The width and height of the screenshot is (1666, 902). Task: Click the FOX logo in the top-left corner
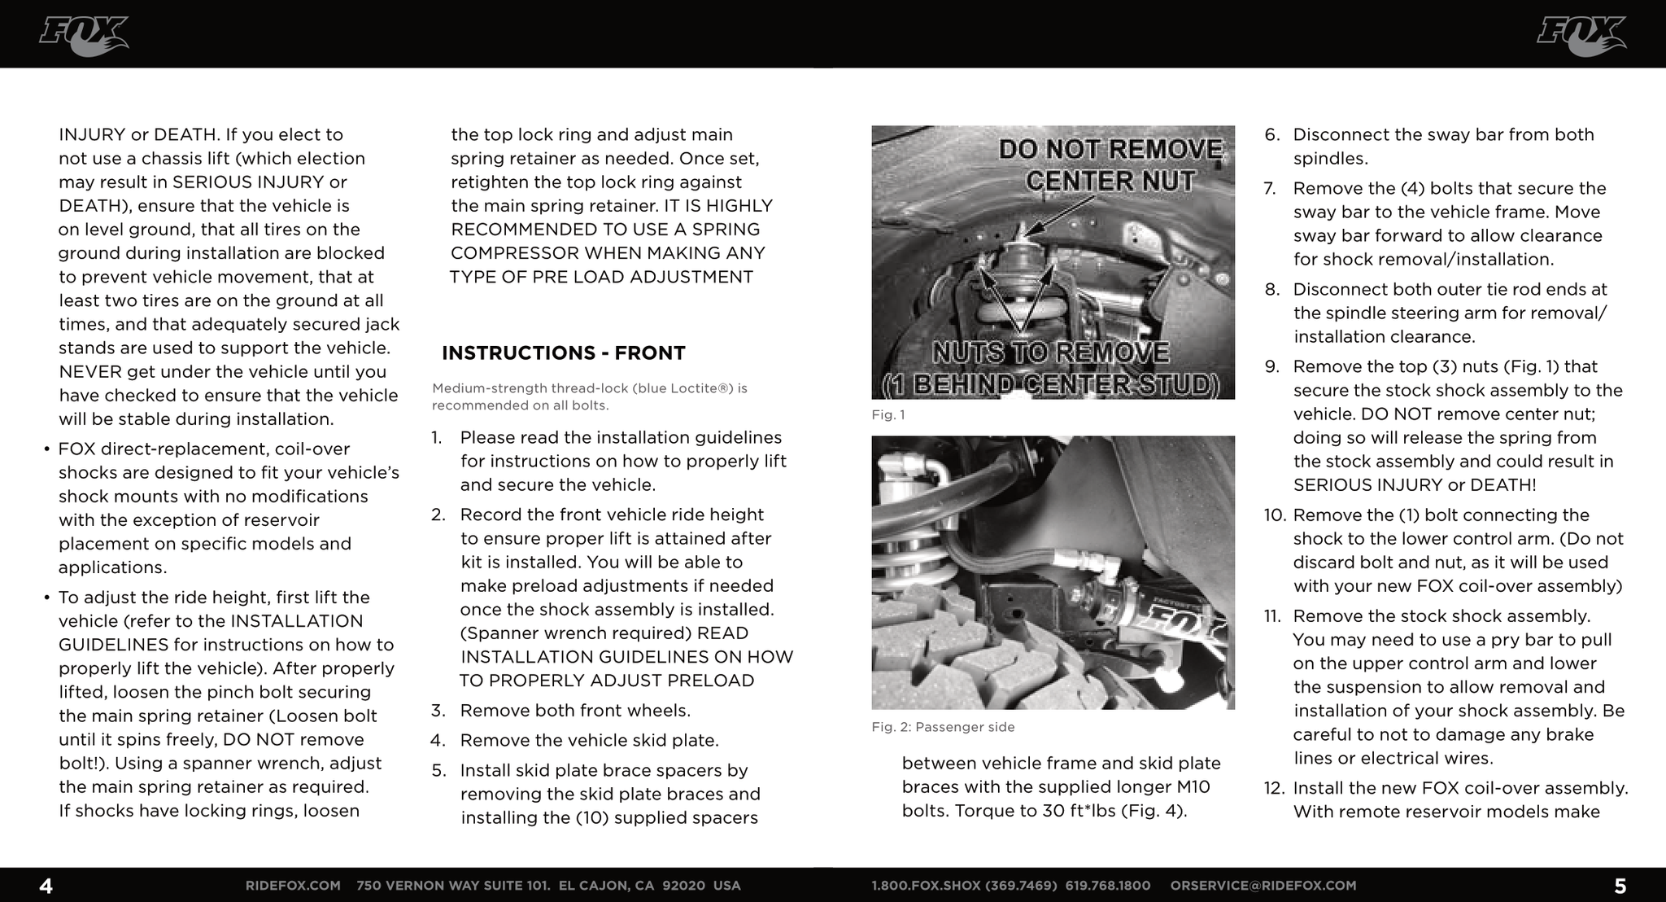(83, 36)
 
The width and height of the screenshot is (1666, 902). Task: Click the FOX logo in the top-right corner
(1581, 36)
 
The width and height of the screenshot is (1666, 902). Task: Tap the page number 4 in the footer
(46, 886)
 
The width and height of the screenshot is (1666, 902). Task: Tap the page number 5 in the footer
(1620, 886)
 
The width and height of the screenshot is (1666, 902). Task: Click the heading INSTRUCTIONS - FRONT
(563, 353)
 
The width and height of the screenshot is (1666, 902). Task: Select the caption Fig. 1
(888, 415)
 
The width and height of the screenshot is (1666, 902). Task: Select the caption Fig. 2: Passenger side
(943, 727)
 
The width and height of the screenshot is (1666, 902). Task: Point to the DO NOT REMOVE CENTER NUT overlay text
(1110, 165)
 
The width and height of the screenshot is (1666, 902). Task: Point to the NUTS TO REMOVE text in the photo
(1050, 353)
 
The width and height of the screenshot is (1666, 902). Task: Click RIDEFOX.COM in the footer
(293, 886)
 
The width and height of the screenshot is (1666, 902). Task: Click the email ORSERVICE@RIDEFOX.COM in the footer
(1263, 886)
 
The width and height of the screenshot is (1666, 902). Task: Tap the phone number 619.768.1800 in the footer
(1108, 886)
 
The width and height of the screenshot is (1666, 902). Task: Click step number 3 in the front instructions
(438, 711)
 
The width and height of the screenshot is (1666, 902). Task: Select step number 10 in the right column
(1273, 515)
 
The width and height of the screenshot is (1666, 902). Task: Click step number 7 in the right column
(1270, 189)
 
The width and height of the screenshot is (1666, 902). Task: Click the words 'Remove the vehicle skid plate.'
(589, 741)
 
